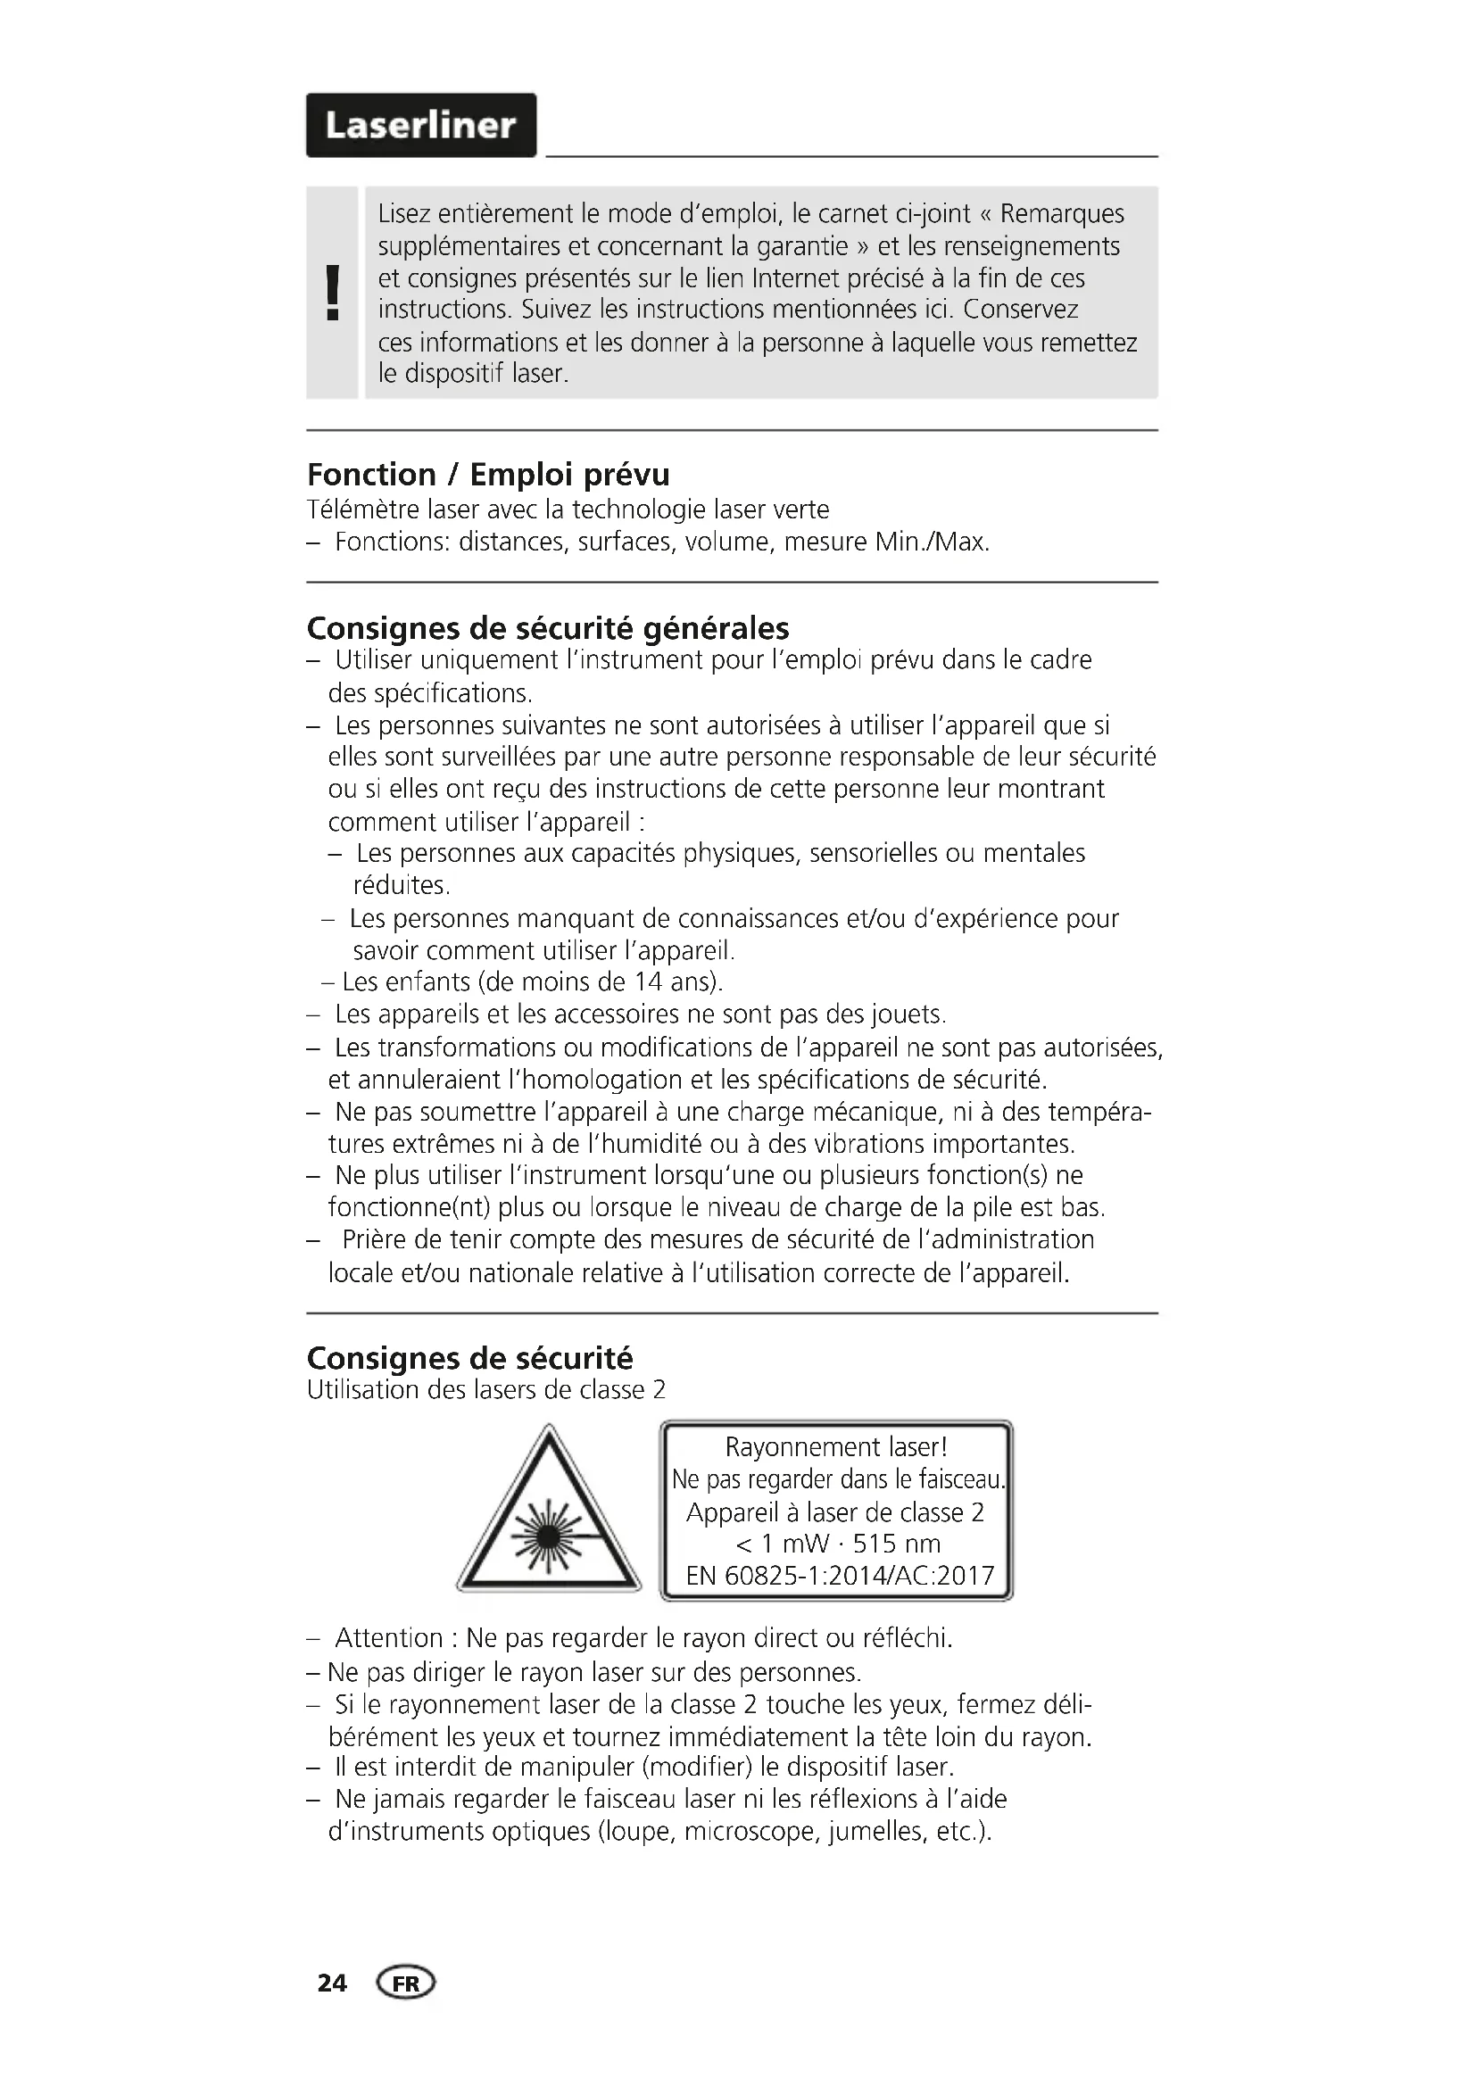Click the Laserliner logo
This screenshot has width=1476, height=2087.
coord(421,126)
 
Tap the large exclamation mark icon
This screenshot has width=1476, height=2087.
coord(333,293)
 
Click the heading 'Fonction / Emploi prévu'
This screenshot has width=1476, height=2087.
coord(488,475)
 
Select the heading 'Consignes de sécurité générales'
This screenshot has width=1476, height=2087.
coord(548,628)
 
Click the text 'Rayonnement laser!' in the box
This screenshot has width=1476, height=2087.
coord(836,1447)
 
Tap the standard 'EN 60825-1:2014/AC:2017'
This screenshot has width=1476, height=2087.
coord(840,1575)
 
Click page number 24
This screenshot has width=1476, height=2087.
coord(332,1983)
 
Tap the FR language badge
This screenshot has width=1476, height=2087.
coord(406,1983)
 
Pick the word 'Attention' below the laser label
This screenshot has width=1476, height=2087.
coord(389,1638)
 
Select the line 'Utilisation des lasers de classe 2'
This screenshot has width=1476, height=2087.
coord(486,1390)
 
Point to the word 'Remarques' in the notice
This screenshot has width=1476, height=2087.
coord(1062,214)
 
